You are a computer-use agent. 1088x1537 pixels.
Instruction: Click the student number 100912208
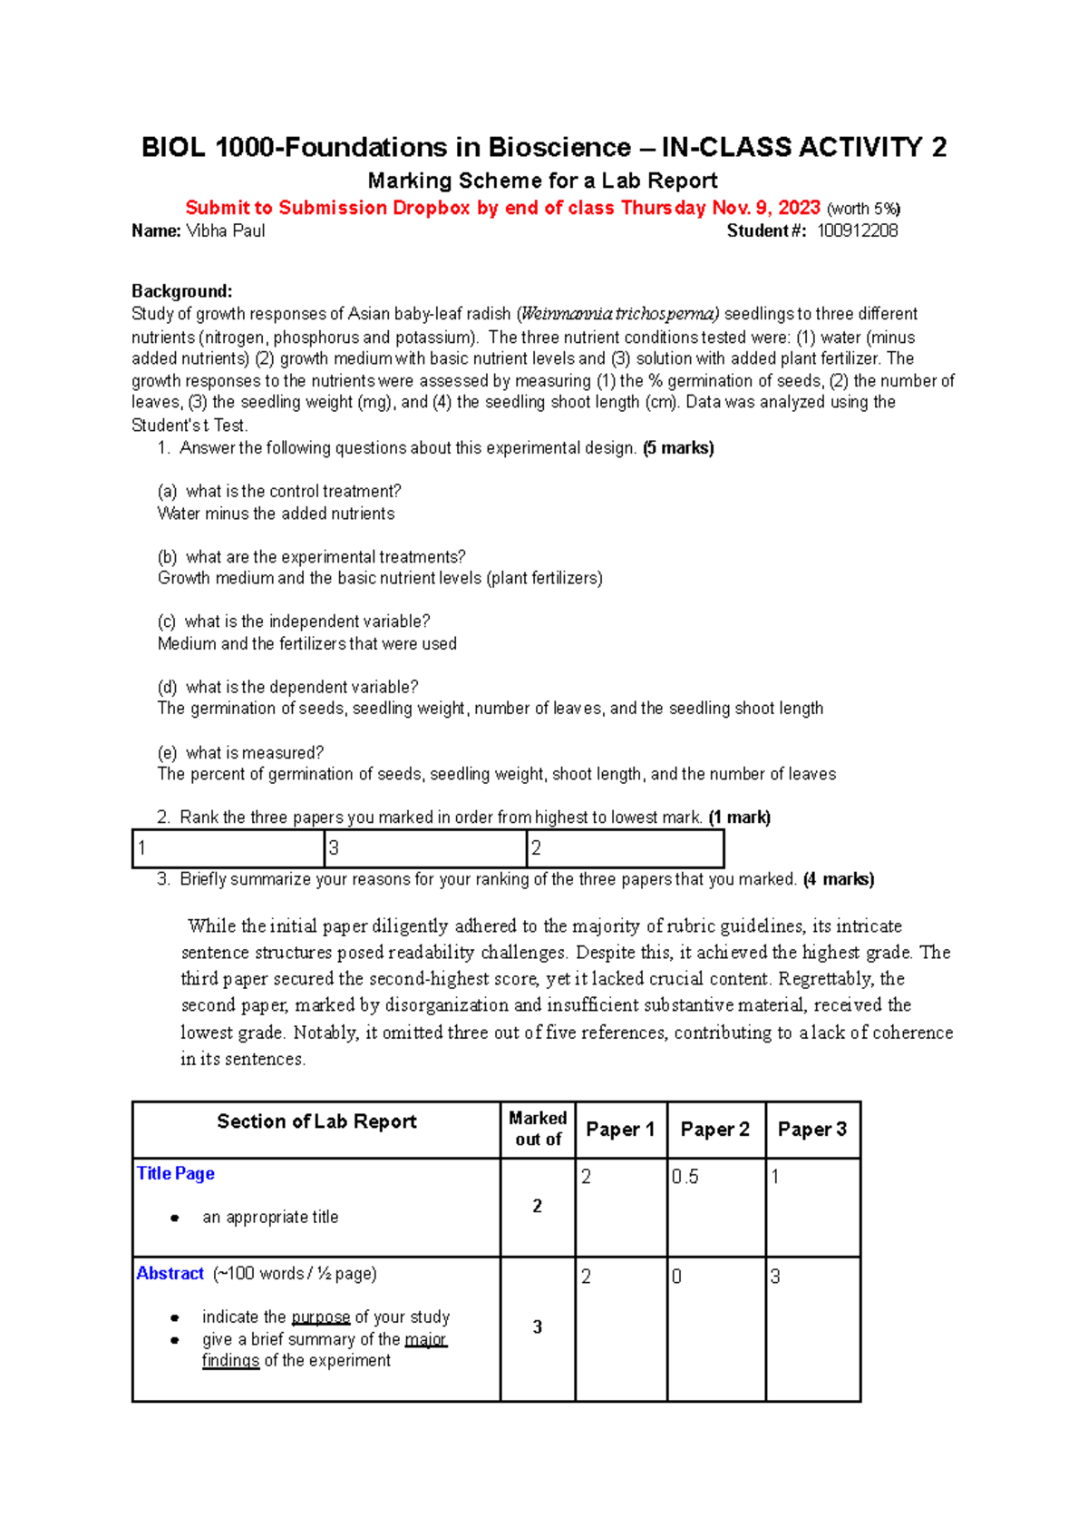click(857, 231)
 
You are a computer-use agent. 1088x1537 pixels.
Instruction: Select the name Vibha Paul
click(225, 231)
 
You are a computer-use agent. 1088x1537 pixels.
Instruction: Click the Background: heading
click(181, 291)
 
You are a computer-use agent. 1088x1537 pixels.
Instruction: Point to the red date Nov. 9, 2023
click(766, 208)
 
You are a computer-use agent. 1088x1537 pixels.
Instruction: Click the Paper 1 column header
click(620, 1130)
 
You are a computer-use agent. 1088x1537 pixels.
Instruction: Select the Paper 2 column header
click(714, 1130)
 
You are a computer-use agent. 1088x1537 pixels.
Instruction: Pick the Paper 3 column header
click(811, 1130)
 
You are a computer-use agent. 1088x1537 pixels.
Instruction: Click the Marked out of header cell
click(538, 1129)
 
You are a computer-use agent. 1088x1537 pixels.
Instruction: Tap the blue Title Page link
click(175, 1173)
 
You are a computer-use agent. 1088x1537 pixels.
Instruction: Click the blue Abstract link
click(170, 1273)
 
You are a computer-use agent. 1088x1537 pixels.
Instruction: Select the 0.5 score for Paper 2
click(685, 1177)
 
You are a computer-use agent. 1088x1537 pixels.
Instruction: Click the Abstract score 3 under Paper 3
click(775, 1277)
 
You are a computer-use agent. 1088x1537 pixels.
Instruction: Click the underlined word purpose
click(321, 1317)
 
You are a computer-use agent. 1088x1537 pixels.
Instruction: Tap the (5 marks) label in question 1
click(678, 448)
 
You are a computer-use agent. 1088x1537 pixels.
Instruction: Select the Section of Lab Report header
click(316, 1121)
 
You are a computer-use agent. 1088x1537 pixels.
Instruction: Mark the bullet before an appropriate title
click(175, 1218)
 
